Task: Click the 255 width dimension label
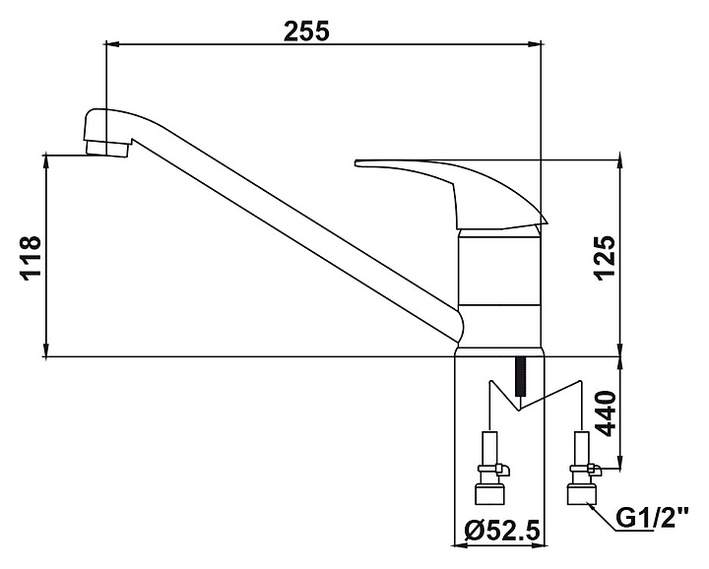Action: point(307,32)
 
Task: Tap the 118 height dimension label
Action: point(31,259)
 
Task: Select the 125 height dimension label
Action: point(605,258)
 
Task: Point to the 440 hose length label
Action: point(606,413)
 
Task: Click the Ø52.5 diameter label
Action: point(502,530)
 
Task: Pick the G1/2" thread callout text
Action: point(653,518)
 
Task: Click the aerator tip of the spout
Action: point(106,149)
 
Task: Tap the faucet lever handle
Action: point(452,192)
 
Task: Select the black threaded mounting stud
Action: point(521,376)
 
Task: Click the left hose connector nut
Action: point(488,493)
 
